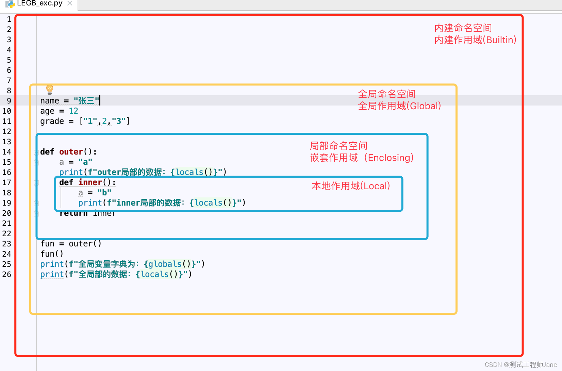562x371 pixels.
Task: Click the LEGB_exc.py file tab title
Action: tap(39, 3)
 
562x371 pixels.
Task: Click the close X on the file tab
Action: tap(70, 3)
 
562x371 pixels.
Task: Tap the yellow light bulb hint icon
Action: tap(50, 90)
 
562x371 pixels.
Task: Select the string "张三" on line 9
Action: tap(86, 101)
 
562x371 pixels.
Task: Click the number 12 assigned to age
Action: tap(73, 111)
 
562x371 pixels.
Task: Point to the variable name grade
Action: tap(52, 121)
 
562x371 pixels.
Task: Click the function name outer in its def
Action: tap(71, 152)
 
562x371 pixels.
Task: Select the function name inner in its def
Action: tap(90, 182)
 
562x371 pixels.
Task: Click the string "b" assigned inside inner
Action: tap(104, 193)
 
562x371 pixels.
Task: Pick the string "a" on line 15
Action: tap(85, 162)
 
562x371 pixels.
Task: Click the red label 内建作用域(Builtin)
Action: tap(475, 40)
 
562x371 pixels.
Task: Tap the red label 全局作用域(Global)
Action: tap(399, 106)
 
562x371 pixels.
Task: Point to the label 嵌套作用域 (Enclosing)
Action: tap(362, 158)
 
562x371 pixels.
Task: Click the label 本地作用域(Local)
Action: tap(351, 186)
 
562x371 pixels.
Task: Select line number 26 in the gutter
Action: tap(7, 274)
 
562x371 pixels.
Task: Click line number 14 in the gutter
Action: tap(7, 152)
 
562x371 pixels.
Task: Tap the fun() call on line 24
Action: tap(52, 254)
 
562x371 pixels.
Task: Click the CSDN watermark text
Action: tap(520, 365)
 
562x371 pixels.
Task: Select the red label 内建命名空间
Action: tap(463, 28)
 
